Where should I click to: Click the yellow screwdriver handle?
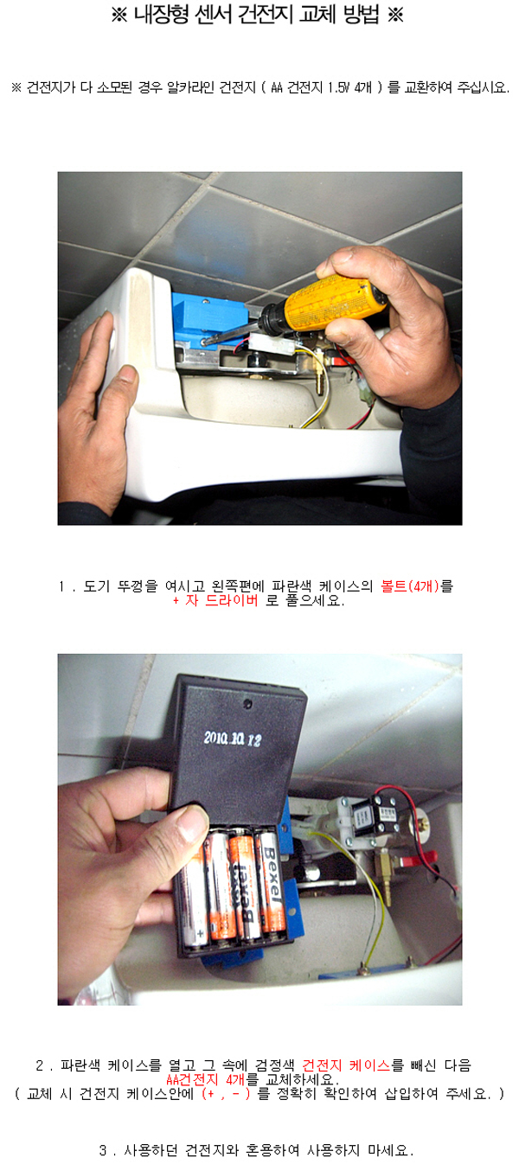coord(334,303)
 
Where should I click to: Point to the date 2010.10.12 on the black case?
coord(232,739)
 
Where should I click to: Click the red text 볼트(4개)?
coord(410,586)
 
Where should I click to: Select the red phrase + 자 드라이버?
coord(215,601)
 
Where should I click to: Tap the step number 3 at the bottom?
coord(103,1149)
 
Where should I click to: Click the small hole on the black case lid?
coord(247,704)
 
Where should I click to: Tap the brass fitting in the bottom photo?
coord(385,862)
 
